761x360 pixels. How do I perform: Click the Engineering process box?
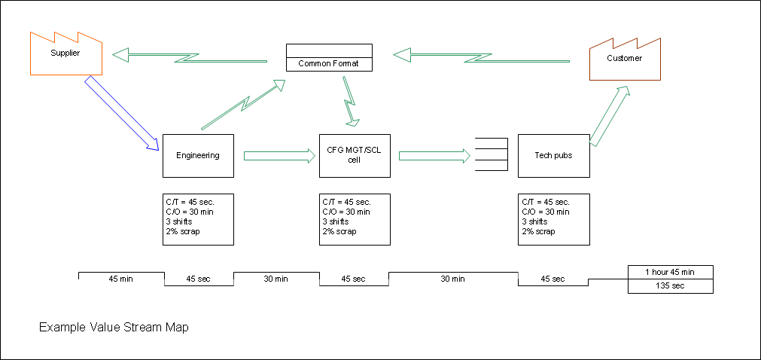[x=198, y=156]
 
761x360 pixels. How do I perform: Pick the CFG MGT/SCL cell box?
[x=355, y=156]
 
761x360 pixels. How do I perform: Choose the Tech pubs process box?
[x=553, y=156]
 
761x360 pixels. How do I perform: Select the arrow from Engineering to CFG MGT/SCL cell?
[x=279, y=156]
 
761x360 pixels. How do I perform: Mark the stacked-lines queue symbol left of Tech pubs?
[x=491, y=155]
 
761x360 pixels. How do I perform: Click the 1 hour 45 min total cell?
[x=670, y=272]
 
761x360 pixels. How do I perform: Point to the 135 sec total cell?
[x=670, y=286]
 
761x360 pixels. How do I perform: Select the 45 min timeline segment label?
[x=121, y=279]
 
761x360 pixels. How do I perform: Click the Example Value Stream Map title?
[x=114, y=328]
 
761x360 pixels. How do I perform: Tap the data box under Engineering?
[x=198, y=219]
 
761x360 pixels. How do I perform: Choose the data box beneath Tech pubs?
[x=553, y=219]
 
